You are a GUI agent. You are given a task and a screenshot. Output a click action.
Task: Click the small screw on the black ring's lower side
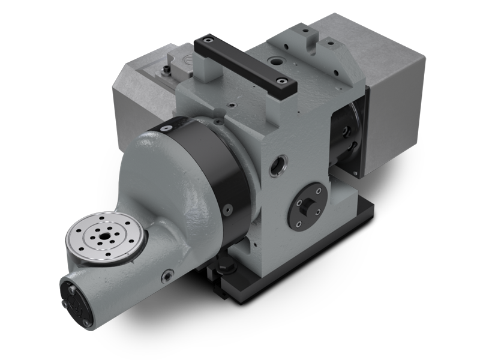pos(229,209)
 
